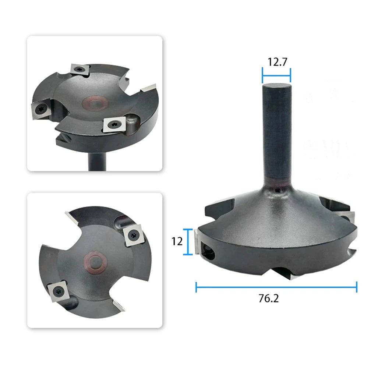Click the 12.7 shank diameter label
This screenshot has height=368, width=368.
tap(277, 62)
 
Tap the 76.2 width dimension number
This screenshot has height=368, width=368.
tap(269, 298)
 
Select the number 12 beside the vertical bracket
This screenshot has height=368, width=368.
tap(177, 241)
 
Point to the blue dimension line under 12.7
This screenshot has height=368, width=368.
tap(276, 75)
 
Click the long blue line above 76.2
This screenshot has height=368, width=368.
tap(276, 287)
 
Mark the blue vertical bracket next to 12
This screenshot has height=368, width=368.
tap(188, 241)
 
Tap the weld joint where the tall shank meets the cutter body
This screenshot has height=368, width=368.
tap(277, 187)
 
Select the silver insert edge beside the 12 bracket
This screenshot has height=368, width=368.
tap(197, 242)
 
